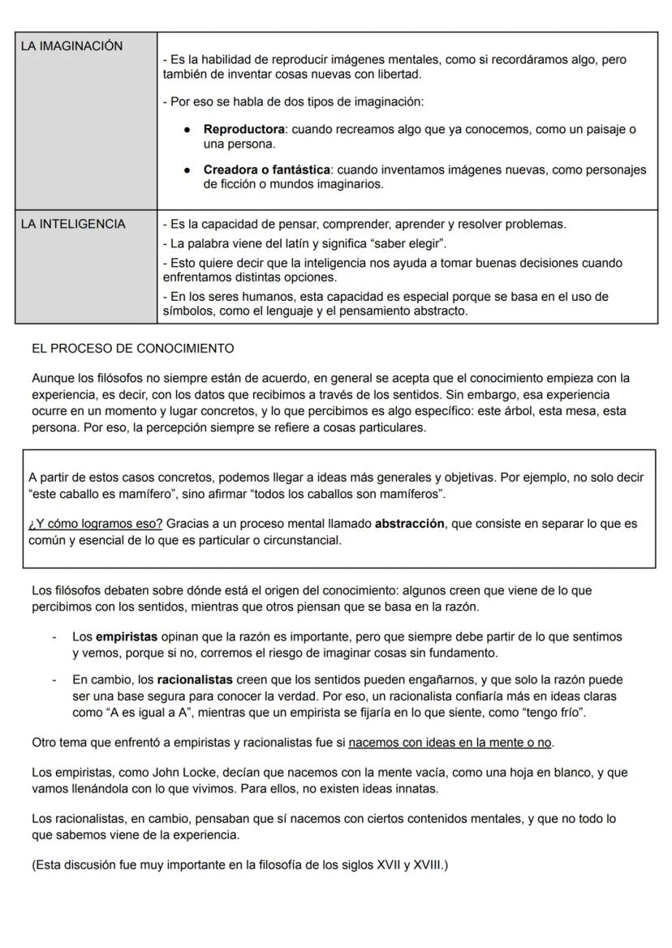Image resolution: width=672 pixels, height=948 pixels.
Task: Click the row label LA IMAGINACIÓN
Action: [x=71, y=46]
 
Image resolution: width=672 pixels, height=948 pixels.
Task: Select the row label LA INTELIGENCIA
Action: [x=73, y=224]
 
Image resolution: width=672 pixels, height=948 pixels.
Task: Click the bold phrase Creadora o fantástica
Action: [x=266, y=169]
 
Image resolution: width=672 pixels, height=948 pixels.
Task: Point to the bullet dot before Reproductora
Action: [x=187, y=130]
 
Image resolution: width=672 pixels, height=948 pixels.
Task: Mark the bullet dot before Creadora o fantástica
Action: [x=187, y=169]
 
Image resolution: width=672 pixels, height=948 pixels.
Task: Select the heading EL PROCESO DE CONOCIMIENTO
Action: [x=132, y=349]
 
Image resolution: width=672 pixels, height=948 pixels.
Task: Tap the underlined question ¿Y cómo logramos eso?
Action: [x=95, y=524]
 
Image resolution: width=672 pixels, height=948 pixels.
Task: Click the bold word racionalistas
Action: [x=195, y=680]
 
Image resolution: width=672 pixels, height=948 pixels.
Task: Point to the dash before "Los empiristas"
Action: [x=54, y=637]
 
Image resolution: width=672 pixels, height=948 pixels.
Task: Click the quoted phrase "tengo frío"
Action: [x=554, y=713]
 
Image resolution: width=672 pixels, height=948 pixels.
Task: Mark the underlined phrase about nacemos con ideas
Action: [x=450, y=743]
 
